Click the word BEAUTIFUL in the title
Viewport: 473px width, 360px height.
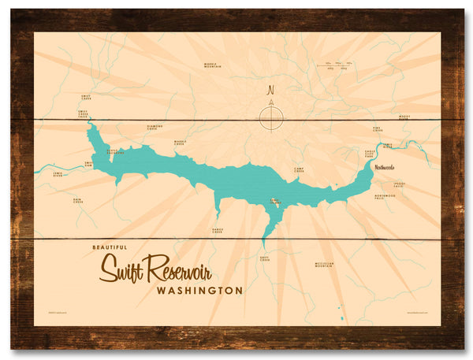pyautogui.click(x=108, y=248)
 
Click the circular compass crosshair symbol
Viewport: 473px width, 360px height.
pyautogui.click(x=270, y=118)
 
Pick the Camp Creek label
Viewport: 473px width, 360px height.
pyautogui.click(x=299, y=169)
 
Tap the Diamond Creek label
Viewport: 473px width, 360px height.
pyautogui.click(x=155, y=127)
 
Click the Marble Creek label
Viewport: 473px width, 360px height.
pyautogui.click(x=180, y=143)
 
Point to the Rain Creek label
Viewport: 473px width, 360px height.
pyautogui.click(x=78, y=201)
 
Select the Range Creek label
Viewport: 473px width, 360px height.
pyautogui.click(x=217, y=231)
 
